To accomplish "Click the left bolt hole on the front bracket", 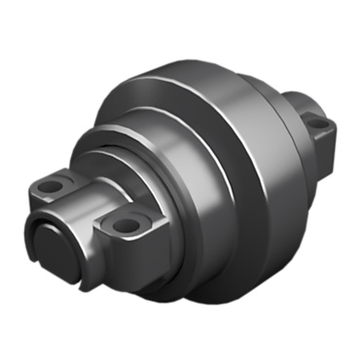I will click(x=55, y=184).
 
